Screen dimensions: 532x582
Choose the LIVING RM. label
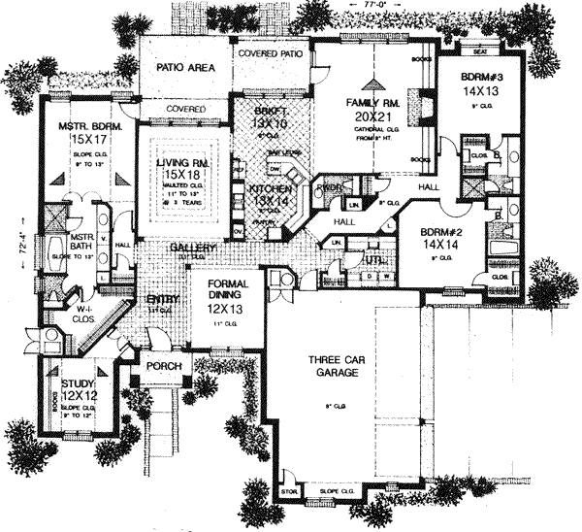tap(182, 164)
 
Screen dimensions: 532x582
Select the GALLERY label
tap(192, 249)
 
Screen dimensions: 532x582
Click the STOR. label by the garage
tap(287, 492)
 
